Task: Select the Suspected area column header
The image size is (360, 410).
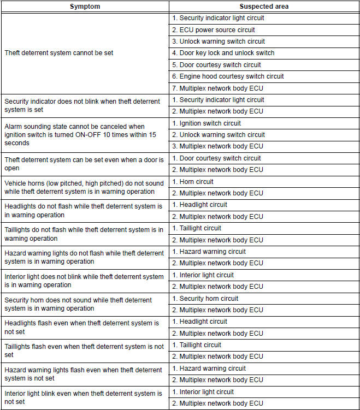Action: tap(264, 7)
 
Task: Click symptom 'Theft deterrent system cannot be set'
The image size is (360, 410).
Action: tap(59, 53)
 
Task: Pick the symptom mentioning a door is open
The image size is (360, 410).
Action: tap(84, 164)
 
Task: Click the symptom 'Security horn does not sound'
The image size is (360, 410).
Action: tap(78, 304)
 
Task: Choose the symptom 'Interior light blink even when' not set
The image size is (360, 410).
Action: tap(83, 397)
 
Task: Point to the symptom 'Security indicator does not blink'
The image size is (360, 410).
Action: tap(82, 105)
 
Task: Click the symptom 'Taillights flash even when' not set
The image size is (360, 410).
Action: tap(84, 350)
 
